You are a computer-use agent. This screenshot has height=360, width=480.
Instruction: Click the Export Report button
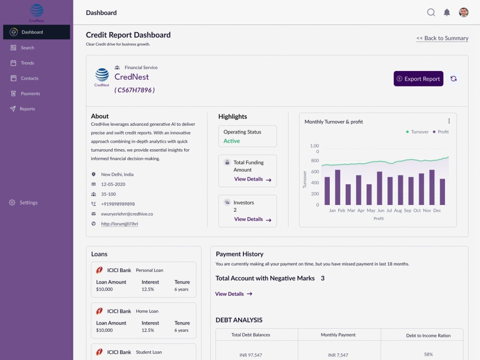[x=418, y=79]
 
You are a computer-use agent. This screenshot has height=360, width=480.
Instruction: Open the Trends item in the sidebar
[x=27, y=63]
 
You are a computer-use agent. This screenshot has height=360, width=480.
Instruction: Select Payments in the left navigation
[x=30, y=94]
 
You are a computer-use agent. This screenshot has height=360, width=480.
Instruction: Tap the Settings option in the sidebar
[x=28, y=203]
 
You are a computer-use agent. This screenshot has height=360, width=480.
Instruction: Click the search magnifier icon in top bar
[x=431, y=12]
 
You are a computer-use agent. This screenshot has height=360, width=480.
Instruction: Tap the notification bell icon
[x=447, y=12]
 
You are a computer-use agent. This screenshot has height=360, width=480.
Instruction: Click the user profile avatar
[x=464, y=12]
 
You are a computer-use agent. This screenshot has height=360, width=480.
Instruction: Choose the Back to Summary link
[x=442, y=38]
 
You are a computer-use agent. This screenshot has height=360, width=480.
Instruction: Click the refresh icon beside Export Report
[x=454, y=79]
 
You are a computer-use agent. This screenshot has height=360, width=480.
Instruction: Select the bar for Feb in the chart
[x=337, y=187]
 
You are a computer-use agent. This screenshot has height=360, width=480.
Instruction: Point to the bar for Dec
[x=442, y=192]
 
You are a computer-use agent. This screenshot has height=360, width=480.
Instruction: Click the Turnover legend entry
[x=417, y=132]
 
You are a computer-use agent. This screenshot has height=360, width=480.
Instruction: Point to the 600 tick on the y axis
[x=314, y=172]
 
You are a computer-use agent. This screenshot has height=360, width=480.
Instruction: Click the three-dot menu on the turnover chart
[x=449, y=121]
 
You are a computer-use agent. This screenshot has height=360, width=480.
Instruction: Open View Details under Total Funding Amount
[x=252, y=179]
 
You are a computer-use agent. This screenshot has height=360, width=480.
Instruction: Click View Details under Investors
[x=252, y=219]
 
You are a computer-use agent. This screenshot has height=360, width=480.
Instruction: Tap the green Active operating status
[x=232, y=141]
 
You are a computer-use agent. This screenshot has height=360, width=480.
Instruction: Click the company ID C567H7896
[x=134, y=90]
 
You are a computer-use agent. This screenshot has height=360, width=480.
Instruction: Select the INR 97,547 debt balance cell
[x=251, y=355]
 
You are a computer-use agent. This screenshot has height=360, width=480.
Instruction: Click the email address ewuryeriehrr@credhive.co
[x=127, y=214]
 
